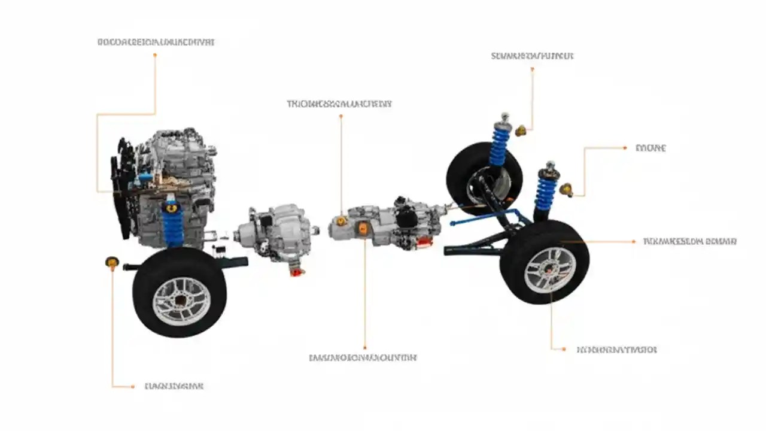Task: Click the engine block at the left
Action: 174,174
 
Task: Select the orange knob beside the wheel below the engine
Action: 112,262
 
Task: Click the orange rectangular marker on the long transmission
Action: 363,228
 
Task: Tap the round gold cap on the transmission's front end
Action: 341,221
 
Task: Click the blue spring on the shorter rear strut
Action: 545,192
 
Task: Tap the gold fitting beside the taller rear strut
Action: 521,130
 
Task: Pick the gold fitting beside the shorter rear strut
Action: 566,190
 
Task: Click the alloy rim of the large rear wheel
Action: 549,270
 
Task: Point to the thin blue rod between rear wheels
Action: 479,219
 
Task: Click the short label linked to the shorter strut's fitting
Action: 651,148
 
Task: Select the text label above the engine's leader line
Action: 156,43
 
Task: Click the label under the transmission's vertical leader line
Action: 363,357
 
